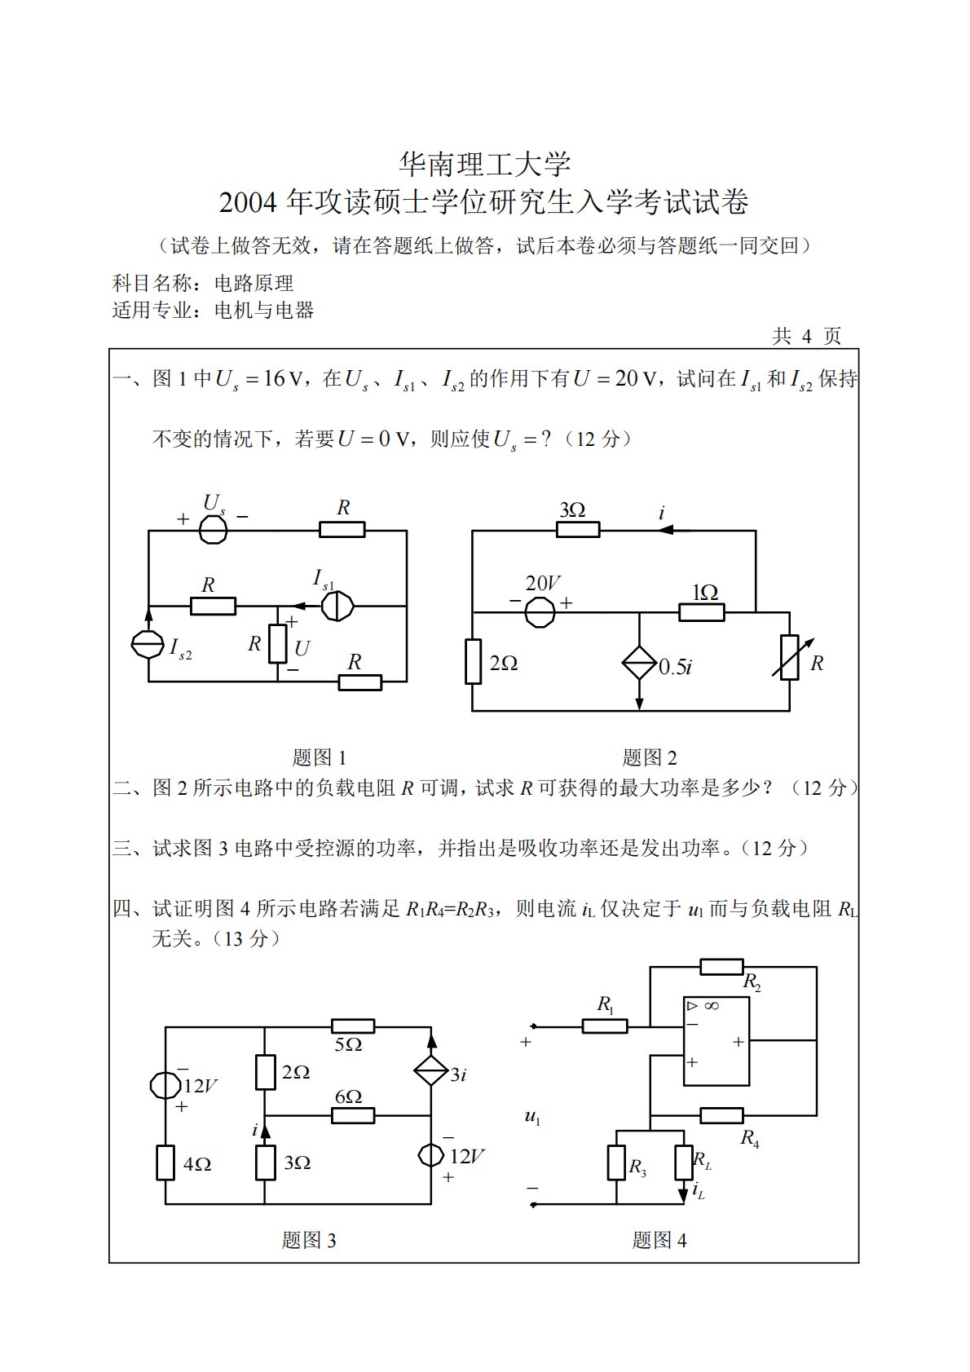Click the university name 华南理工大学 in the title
click(484, 165)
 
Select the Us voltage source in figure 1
click(214, 530)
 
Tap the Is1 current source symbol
click(337, 606)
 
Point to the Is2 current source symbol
click(148, 645)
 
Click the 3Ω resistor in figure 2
click(579, 530)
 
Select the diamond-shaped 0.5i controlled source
click(639, 663)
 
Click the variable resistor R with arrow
click(789, 658)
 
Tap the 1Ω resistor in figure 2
click(702, 611)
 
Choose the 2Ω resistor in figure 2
click(474, 661)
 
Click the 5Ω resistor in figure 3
click(353, 1026)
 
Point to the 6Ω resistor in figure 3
click(353, 1115)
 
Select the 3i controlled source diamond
click(431, 1070)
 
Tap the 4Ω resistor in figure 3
click(165, 1162)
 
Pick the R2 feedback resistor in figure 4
click(721, 967)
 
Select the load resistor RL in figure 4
click(683, 1162)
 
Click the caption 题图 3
click(309, 1240)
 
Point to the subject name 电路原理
click(254, 284)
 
